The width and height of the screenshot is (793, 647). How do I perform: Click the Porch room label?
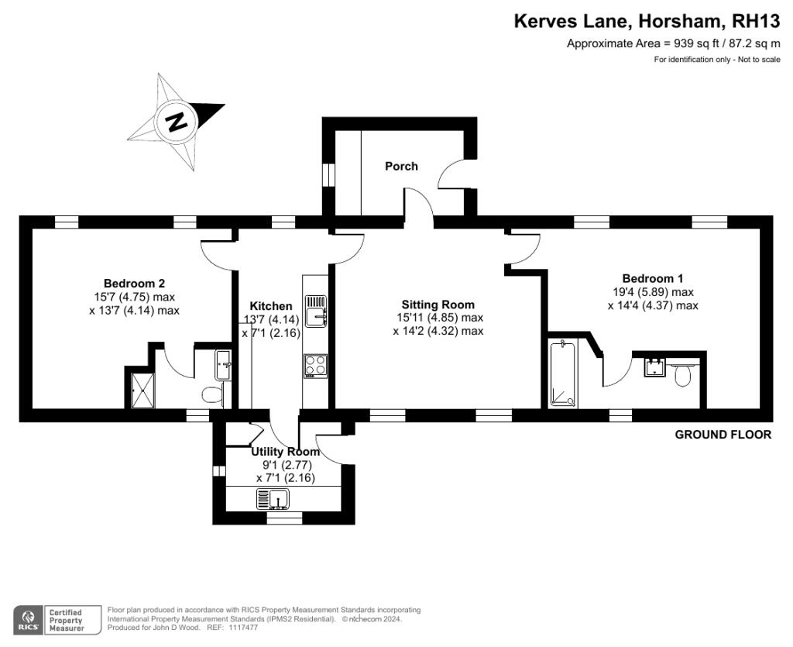pyautogui.click(x=401, y=166)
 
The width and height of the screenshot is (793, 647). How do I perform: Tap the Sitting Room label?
pyautogui.click(x=438, y=305)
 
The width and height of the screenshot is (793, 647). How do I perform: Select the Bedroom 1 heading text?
pyautogui.click(x=652, y=278)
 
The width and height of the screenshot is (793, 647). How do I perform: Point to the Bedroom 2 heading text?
pyautogui.click(x=134, y=284)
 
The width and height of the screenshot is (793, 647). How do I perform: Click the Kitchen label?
pyautogui.click(x=271, y=306)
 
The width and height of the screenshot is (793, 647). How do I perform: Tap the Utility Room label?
pyautogui.click(x=285, y=451)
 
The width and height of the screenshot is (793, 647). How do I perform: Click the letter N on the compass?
pyautogui.click(x=176, y=122)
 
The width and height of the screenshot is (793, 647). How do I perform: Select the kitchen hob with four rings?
pyautogui.click(x=316, y=366)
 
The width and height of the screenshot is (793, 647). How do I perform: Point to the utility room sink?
pyautogui.click(x=273, y=499)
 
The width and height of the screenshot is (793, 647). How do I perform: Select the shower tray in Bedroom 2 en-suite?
pyautogui.click(x=143, y=390)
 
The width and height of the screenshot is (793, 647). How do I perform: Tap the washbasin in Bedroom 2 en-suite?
pyautogui.click(x=224, y=365)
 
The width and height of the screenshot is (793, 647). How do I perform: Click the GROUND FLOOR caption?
pyautogui.click(x=723, y=435)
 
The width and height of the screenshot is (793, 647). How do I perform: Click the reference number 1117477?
pyautogui.click(x=242, y=628)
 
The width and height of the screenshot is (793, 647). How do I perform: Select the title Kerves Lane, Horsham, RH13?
pyautogui.click(x=647, y=21)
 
